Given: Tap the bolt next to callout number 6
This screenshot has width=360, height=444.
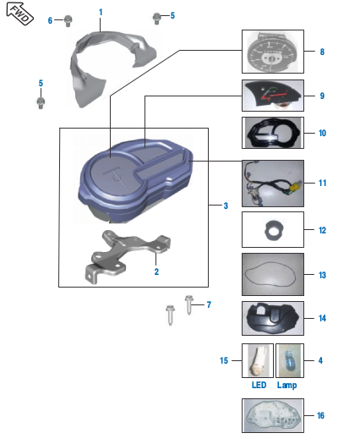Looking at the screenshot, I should (x=69, y=21).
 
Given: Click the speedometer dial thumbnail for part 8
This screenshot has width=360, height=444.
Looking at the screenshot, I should (x=272, y=53).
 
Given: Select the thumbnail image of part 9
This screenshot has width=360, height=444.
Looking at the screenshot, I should (x=272, y=97).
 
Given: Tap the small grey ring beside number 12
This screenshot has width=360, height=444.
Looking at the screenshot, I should (x=272, y=228).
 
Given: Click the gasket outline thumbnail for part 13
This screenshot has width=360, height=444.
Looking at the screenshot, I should (x=272, y=275).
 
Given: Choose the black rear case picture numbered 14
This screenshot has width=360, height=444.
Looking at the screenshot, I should (x=272, y=319).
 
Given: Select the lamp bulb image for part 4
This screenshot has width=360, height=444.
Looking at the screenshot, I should (x=288, y=359).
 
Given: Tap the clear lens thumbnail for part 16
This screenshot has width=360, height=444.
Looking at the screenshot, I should (x=272, y=416).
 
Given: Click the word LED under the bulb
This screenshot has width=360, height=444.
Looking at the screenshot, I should (x=259, y=385).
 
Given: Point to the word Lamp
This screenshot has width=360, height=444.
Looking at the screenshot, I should (x=286, y=385).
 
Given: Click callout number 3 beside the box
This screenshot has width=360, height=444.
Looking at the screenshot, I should (x=225, y=206).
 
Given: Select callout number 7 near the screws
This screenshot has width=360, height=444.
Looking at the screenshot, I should (x=209, y=304).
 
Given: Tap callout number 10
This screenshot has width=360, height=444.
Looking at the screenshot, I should (x=322, y=134).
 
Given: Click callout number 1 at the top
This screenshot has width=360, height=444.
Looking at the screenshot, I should (x=101, y=12).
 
